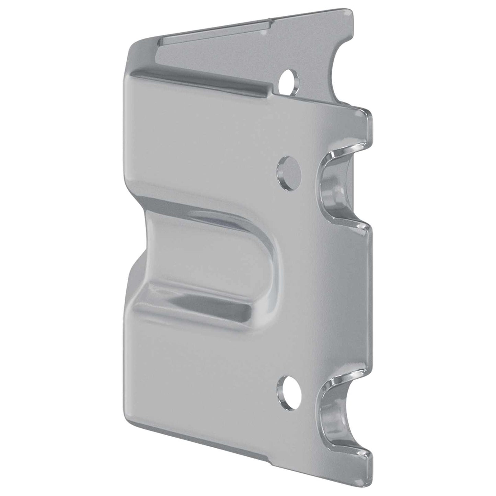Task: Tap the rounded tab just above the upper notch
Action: [366, 120]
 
